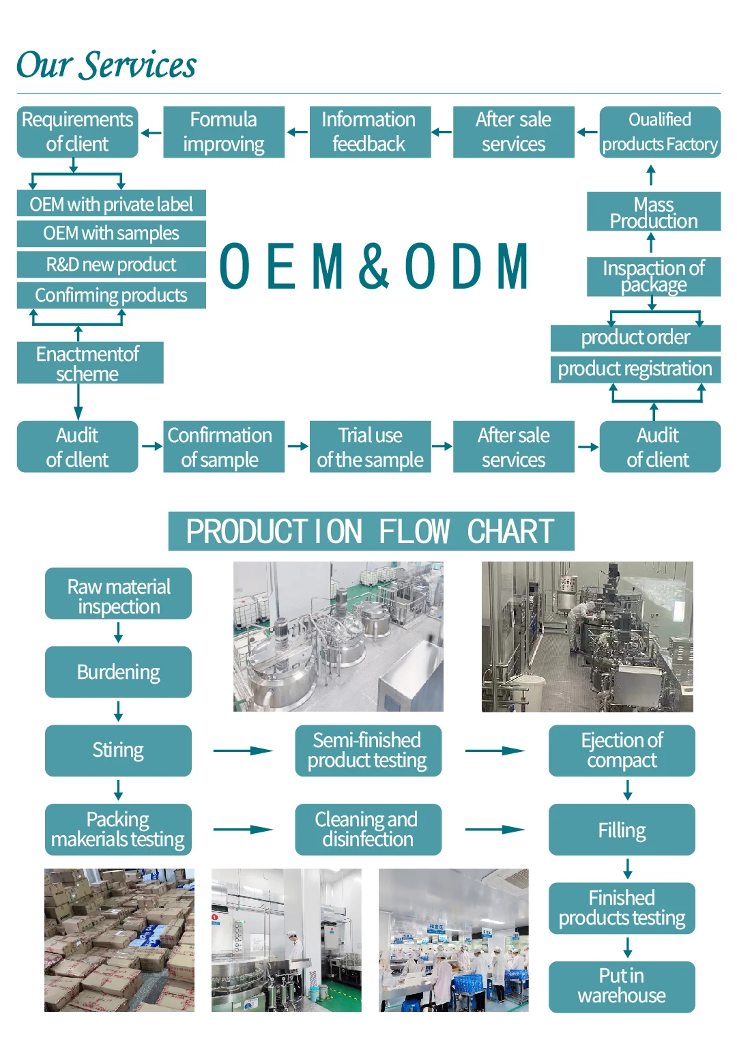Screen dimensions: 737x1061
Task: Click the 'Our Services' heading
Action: point(106,64)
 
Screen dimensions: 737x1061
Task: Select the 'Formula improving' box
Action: point(224,132)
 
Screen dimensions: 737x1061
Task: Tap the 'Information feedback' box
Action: point(370,132)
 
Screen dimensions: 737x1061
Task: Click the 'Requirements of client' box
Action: point(77,132)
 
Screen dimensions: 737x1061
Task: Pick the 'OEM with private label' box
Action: point(111,203)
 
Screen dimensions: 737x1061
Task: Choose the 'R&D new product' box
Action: point(111,264)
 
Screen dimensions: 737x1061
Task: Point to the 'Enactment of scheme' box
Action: point(90,362)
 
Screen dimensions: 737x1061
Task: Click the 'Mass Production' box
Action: point(654,212)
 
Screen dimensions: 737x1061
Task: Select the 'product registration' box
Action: point(635,369)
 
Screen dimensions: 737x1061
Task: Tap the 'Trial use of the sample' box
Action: point(370,447)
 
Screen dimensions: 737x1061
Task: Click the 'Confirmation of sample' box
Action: point(224,447)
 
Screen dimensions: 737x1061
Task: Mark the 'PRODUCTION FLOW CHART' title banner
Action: point(371,531)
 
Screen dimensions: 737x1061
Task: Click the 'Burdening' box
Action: point(119,672)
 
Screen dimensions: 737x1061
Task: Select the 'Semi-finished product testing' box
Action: point(368,751)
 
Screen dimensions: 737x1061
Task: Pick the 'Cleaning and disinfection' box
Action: point(368,830)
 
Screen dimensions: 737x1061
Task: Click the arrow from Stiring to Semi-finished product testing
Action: point(243,751)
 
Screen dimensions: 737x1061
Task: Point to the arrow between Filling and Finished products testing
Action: point(628,869)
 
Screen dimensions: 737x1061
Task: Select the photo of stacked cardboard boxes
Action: point(119,940)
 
